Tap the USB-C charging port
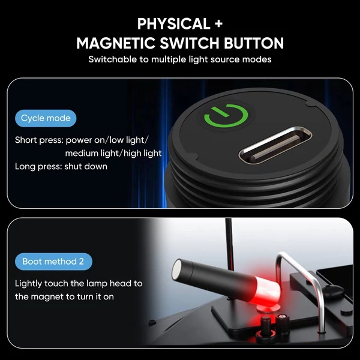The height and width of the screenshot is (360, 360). point(275,145)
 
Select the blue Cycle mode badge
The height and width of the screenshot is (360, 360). point(46,118)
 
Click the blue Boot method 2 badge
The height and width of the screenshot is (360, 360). point(53,262)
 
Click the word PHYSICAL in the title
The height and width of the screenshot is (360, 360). point(174,23)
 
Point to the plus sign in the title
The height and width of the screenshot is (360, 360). point(218,24)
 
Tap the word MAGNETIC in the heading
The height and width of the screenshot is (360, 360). point(116,43)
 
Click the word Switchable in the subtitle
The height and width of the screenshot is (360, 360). point(113,59)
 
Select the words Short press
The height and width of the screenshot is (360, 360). point(39,140)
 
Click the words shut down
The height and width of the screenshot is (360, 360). point(86,166)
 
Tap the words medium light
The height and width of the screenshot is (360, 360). point(93,154)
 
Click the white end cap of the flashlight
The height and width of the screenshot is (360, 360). point(177,269)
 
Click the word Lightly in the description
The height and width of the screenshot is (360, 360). point(28,284)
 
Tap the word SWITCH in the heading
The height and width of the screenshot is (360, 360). point(190,43)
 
